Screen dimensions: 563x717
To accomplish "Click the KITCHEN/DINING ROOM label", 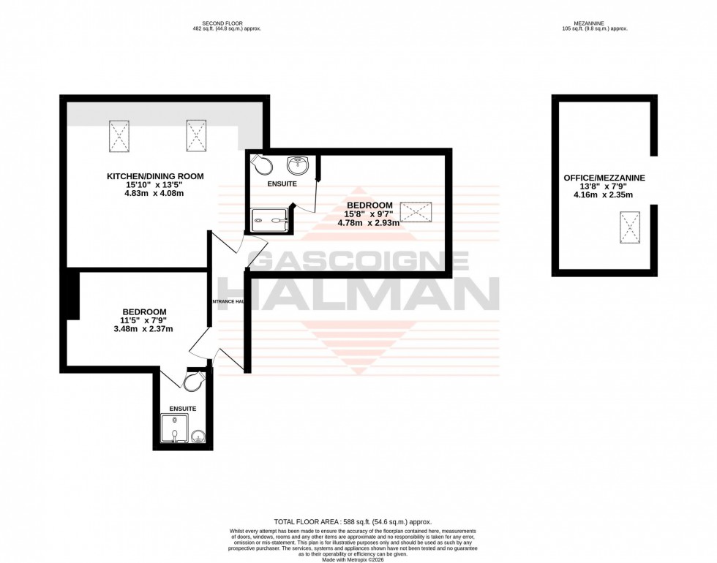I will click(x=155, y=176).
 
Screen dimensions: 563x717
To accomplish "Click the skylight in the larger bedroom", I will click(x=416, y=213).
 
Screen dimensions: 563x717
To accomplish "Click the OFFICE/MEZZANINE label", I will click(x=604, y=178).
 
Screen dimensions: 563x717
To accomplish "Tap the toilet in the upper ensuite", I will click(x=260, y=165).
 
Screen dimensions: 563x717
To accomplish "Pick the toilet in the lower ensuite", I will click(x=195, y=382).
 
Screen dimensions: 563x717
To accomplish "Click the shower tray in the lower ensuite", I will click(x=174, y=429).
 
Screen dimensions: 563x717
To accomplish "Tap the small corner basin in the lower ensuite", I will click(x=198, y=437).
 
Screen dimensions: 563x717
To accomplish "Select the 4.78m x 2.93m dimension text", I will click(x=368, y=223).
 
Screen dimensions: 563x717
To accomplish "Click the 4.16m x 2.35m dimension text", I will click(x=604, y=196).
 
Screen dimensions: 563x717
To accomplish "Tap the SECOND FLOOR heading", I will click(x=226, y=22).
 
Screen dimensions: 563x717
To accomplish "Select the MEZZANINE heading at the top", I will click(x=593, y=22).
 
